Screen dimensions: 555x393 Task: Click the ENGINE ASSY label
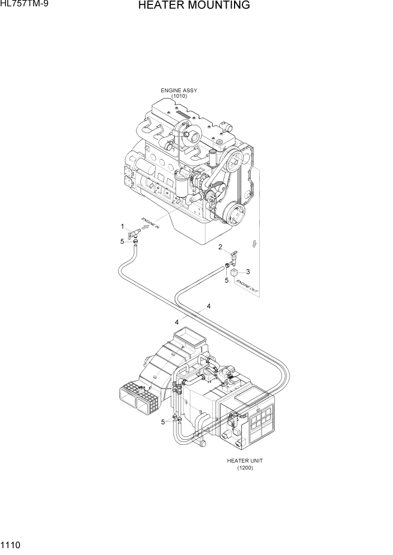[179, 90]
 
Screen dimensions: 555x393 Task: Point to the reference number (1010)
[179, 96]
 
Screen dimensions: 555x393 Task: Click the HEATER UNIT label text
[245, 461]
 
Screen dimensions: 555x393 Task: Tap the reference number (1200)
[245, 468]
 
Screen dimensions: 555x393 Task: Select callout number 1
[122, 226]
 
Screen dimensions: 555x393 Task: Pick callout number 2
[220, 247]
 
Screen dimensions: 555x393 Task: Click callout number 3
[247, 272]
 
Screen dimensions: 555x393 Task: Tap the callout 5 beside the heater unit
[163, 422]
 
